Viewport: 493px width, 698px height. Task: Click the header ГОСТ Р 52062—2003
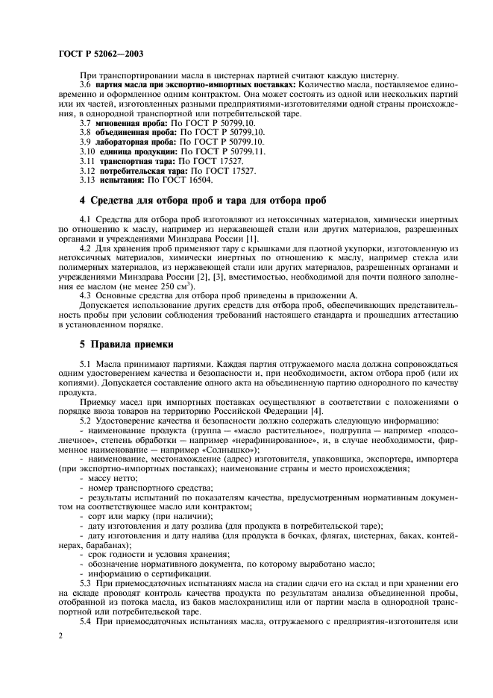tap(101, 54)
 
